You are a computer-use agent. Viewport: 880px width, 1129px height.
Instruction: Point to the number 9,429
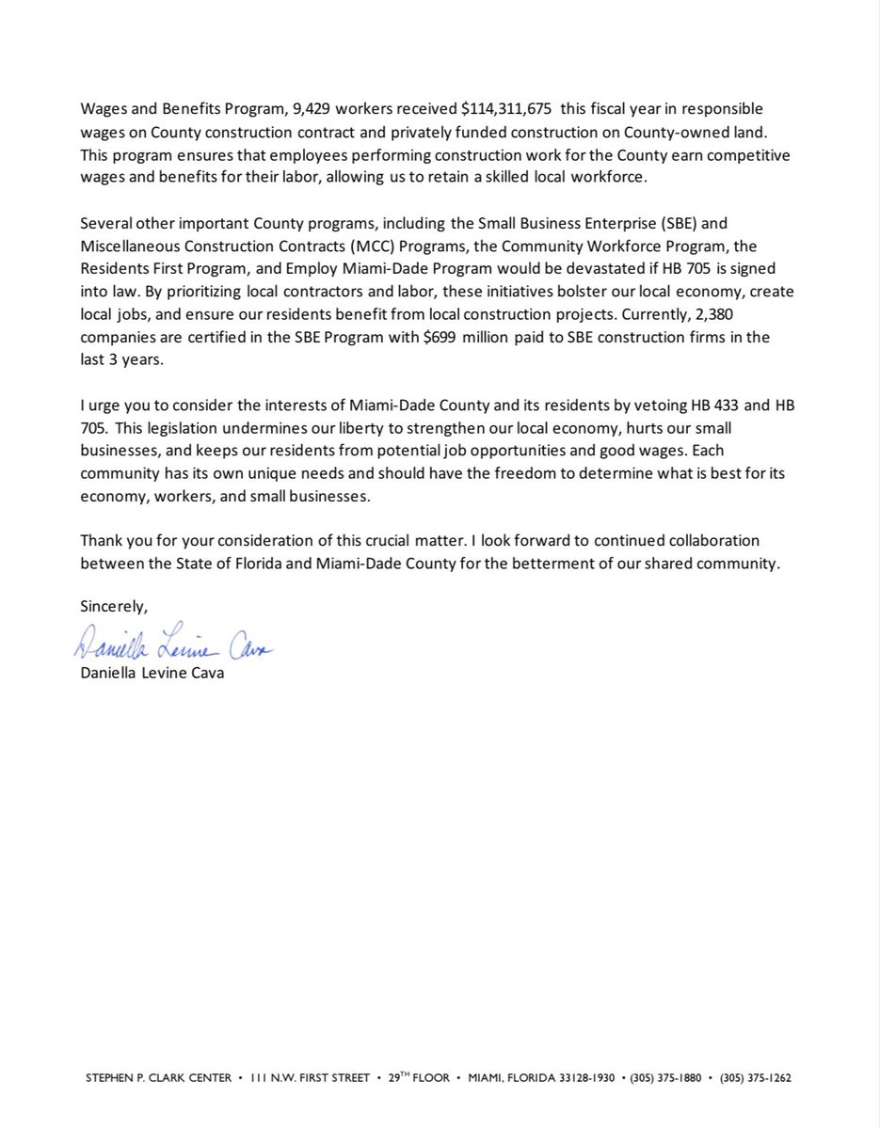point(304,108)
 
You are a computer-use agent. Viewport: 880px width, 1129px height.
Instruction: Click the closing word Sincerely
point(114,607)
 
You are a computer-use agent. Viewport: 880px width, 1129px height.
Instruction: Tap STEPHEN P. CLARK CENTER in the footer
point(157,1079)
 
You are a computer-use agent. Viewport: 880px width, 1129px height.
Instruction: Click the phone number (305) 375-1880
point(665,1079)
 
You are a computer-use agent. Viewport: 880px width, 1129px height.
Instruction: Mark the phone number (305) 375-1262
point(755,1079)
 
